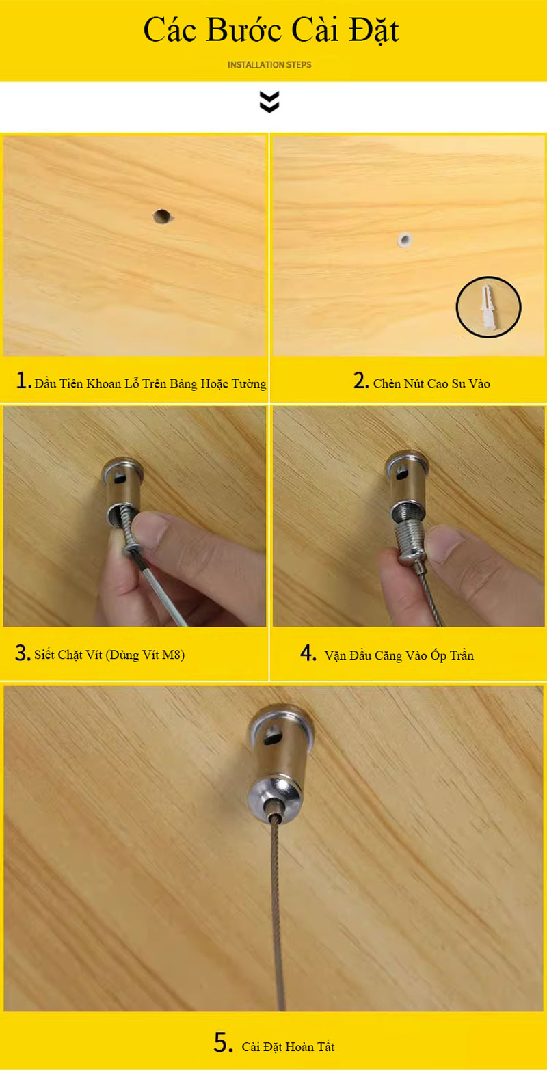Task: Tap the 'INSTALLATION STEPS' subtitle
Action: pyautogui.click(x=269, y=65)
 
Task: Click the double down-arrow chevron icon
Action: pyautogui.click(x=269, y=102)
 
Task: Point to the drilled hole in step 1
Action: pyautogui.click(x=163, y=217)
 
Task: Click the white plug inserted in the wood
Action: pyautogui.click(x=405, y=239)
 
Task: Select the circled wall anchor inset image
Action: pyautogui.click(x=488, y=307)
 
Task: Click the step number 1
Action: pyautogui.click(x=23, y=381)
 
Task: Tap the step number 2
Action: pyautogui.click(x=361, y=381)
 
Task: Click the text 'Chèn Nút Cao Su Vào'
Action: pyautogui.click(x=431, y=383)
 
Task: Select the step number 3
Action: pyautogui.click(x=22, y=653)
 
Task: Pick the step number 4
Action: pyautogui.click(x=308, y=653)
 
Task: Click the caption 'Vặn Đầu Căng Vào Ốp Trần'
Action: pyautogui.click(x=399, y=655)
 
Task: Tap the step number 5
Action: pyautogui.click(x=223, y=1043)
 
